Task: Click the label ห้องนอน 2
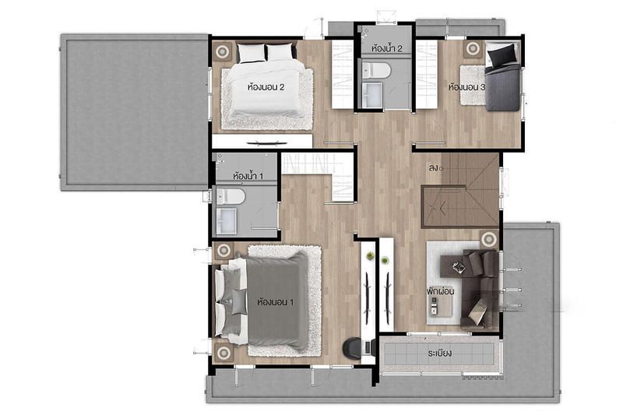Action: pyautogui.click(x=266, y=86)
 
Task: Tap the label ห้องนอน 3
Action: pyautogui.click(x=466, y=87)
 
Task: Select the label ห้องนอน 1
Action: pyautogui.click(x=276, y=302)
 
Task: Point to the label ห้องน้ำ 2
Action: pyautogui.click(x=386, y=48)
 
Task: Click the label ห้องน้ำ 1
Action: pyautogui.click(x=248, y=175)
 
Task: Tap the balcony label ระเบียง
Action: pyautogui.click(x=439, y=353)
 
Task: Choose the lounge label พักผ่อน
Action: pyautogui.click(x=440, y=291)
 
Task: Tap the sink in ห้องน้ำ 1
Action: pyautogui.click(x=227, y=222)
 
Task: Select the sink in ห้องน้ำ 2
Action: pyautogui.click(x=372, y=94)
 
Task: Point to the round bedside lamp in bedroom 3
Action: pyautogui.click(x=473, y=49)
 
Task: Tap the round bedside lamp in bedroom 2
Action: pyautogui.click(x=222, y=51)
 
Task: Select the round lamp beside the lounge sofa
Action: pyautogui.click(x=489, y=239)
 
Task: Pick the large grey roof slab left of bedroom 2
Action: pyautogui.click(x=134, y=112)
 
